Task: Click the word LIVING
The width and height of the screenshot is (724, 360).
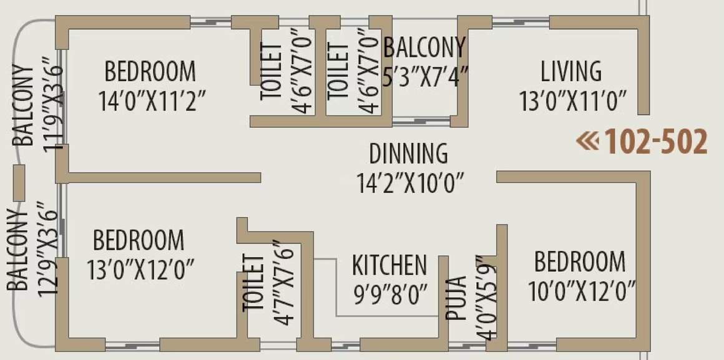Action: [571, 71]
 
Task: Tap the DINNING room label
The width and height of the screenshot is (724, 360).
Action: [408, 153]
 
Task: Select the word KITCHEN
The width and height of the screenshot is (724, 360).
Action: [389, 265]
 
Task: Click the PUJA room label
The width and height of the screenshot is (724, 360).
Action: [457, 298]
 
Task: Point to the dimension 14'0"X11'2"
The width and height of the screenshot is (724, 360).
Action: [152, 100]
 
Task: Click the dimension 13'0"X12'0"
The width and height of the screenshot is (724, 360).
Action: [140, 270]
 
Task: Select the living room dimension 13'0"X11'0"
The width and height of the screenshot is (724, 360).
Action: [573, 100]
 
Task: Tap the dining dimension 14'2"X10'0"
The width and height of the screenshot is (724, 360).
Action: [411, 183]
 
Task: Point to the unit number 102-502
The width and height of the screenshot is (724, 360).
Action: [657, 142]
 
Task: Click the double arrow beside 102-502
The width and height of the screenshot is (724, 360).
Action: [587, 141]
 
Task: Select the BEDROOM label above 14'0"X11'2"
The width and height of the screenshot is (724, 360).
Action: [150, 71]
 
